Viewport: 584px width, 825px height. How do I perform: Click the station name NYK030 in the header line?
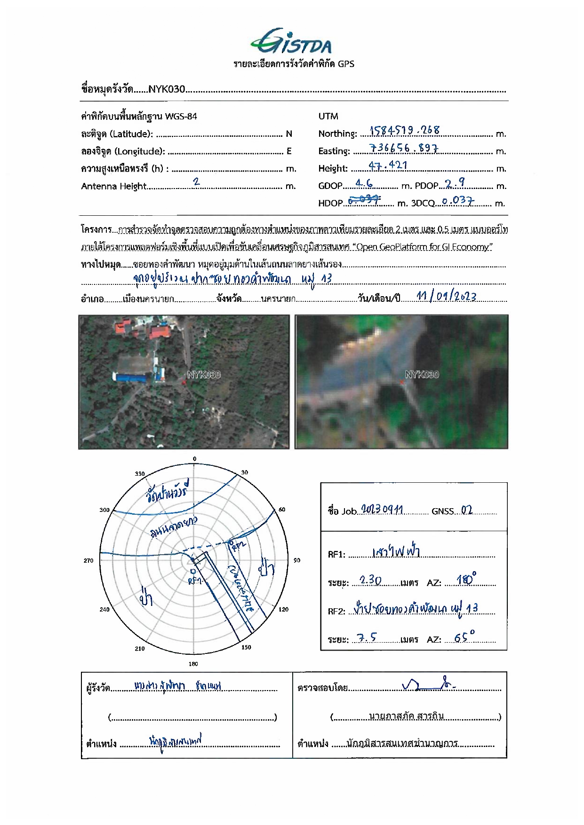(167, 89)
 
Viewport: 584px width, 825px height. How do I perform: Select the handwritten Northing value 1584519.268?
(404, 130)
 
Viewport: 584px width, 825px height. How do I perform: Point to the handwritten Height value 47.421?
(388, 165)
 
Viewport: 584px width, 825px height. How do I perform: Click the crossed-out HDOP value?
(364, 200)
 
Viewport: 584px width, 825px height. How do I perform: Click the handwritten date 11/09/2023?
(446, 296)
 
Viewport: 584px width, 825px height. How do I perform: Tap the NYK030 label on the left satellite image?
(203, 375)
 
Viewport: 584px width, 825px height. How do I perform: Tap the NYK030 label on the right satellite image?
(422, 374)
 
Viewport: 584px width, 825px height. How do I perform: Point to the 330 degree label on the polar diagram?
(140, 473)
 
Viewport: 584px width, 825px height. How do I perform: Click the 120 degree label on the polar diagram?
(283, 609)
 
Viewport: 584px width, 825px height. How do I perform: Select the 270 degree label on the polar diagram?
(88, 560)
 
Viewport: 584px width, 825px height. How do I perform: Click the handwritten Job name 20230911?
(382, 510)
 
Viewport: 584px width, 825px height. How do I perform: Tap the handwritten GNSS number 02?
(466, 510)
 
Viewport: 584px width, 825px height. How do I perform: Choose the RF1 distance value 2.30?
(370, 580)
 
